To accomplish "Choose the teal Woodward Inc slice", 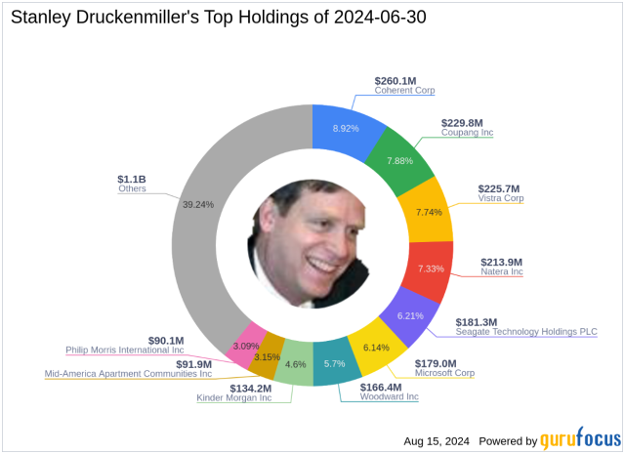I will tap(334, 362).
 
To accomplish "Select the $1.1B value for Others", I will tap(131, 178).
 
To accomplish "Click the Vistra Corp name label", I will tap(501, 198).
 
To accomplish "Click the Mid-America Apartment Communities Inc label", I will tap(129, 373).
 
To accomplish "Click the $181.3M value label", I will tap(477, 321).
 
